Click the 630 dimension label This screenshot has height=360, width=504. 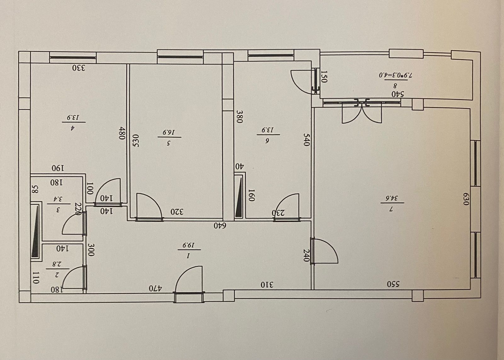(465, 199)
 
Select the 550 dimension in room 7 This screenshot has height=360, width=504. (393, 284)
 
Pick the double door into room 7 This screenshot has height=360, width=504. (362, 112)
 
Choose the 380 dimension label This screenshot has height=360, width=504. (240, 116)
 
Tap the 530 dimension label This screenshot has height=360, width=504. (136, 141)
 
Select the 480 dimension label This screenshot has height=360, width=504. (122, 133)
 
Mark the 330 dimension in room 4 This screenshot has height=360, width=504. (79, 68)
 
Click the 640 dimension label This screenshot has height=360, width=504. (220, 225)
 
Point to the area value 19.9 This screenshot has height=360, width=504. (189, 245)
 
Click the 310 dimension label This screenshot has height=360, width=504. (267, 285)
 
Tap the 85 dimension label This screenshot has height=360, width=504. (35, 189)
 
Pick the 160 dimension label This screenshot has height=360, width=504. (251, 195)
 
